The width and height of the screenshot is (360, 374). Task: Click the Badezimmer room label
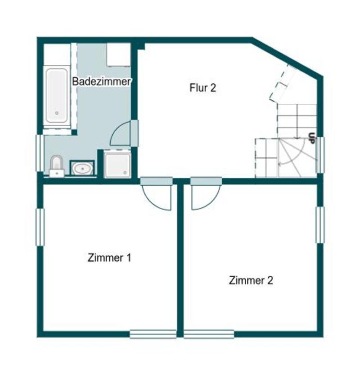[102, 82]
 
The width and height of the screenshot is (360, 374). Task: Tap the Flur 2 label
[202, 87]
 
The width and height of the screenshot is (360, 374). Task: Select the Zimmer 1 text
[110, 258]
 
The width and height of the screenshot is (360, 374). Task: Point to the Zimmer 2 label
[251, 280]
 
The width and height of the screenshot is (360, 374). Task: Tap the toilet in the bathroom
[56, 165]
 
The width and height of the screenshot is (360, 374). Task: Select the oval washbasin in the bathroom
[83, 169]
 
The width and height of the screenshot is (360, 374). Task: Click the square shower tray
[118, 164]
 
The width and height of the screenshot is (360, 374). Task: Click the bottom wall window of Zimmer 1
[153, 334]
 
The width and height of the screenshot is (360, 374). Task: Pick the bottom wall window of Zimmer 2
[209, 334]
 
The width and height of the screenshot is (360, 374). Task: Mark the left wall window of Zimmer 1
[40, 227]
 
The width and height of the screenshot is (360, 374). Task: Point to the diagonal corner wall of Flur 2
[288, 57]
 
